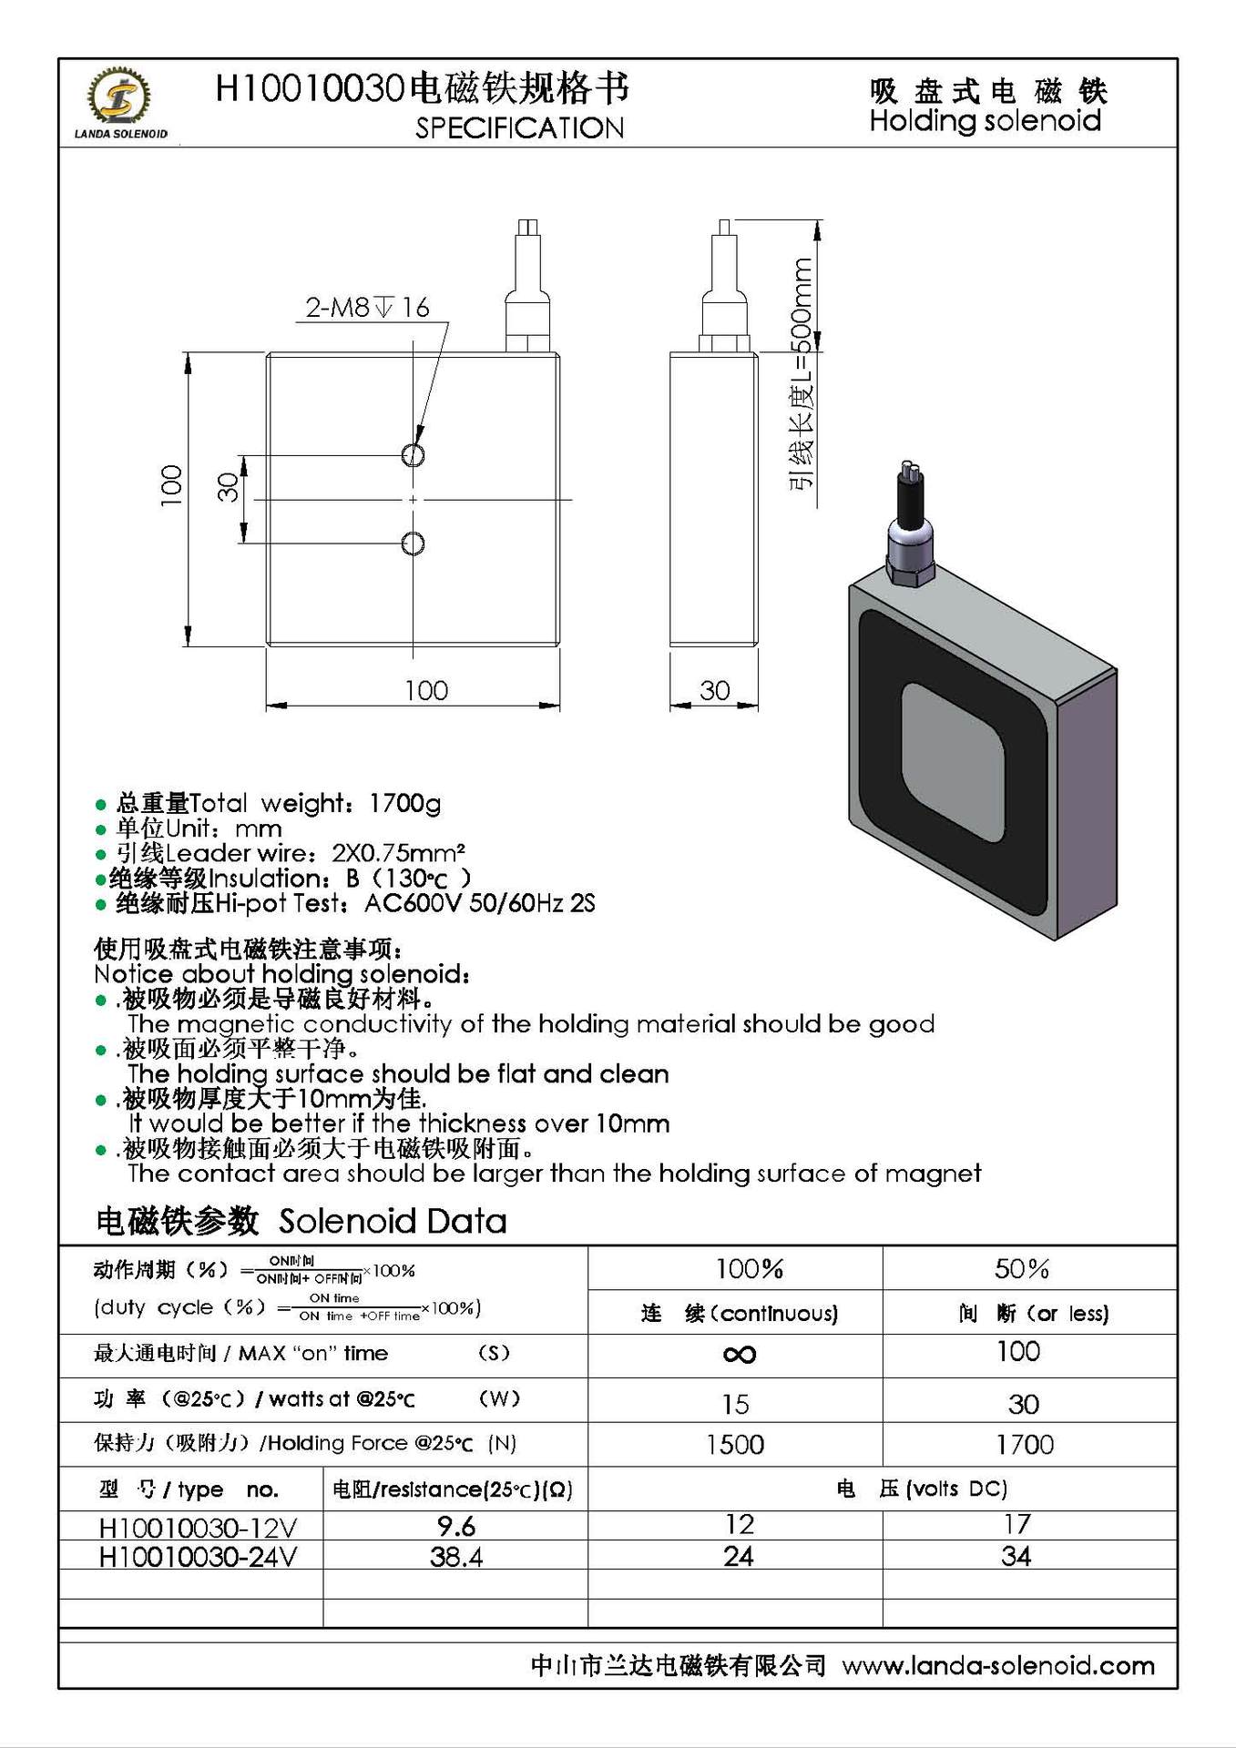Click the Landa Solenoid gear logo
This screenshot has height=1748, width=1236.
click(x=119, y=97)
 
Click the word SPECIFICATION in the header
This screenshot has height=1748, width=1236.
click(x=519, y=128)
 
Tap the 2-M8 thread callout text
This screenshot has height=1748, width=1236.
click(x=367, y=308)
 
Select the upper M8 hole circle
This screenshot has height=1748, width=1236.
click(x=413, y=454)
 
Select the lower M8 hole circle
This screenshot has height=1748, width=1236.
click(x=413, y=544)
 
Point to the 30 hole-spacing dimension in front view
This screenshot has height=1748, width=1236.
click(x=229, y=487)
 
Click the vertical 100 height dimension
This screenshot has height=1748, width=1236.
click(x=171, y=485)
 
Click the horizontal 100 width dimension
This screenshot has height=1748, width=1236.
click(x=425, y=690)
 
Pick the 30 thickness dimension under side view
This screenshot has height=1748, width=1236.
click(x=714, y=690)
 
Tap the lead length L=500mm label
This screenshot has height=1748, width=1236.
click(x=802, y=373)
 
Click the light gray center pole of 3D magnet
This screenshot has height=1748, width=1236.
click(x=953, y=763)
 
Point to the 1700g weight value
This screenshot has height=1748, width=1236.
click(x=404, y=803)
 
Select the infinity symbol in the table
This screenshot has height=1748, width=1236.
click(x=739, y=1355)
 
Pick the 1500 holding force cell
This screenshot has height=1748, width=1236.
click(x=735, y=1444)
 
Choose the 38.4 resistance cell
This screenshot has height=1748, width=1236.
click(x=455, y=1557)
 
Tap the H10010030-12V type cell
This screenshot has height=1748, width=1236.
click(x=197, y=1527)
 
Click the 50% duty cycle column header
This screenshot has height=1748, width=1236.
click(x=1022, y=1268)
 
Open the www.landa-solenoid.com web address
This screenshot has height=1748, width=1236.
click(x=998, y=1666)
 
